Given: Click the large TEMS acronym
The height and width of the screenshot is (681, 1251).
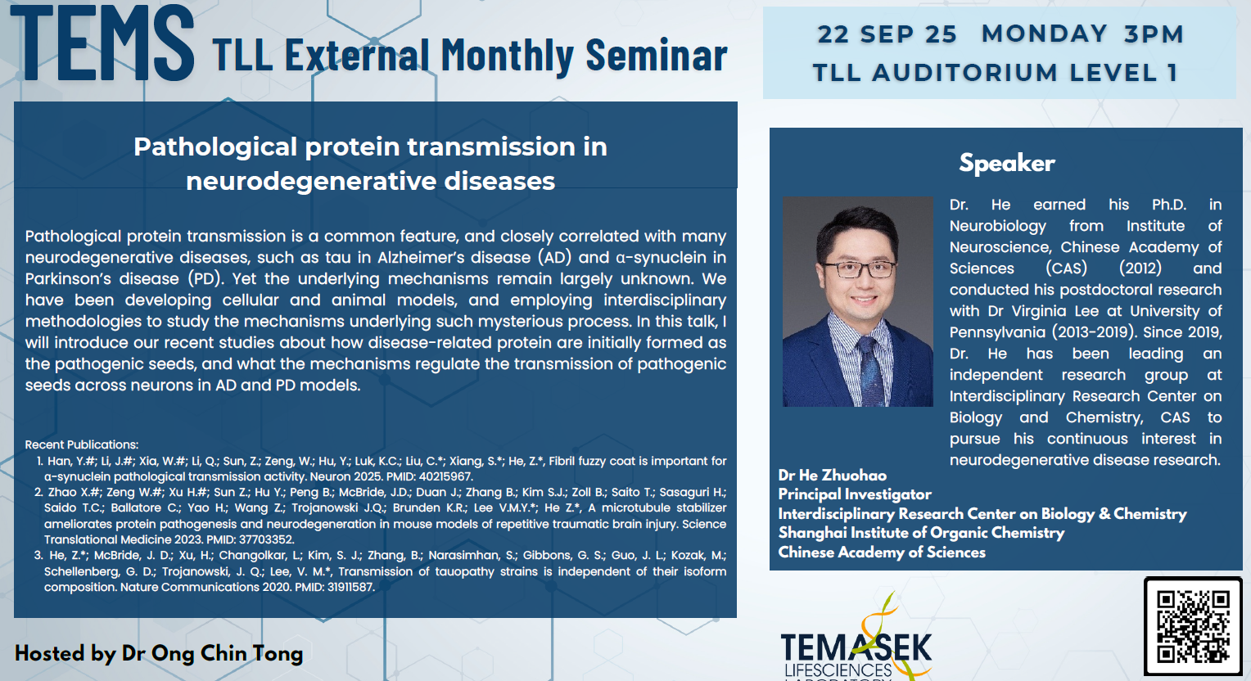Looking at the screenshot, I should tap(102, 43).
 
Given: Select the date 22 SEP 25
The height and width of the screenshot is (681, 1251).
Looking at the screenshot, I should tap(887, 34).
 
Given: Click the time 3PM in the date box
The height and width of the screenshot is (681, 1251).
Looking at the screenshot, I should tap(1154, 34).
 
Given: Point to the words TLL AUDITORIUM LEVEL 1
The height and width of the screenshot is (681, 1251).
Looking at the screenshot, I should tap(995, 73).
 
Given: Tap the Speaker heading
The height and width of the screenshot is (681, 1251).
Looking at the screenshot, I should tap(1006, 163).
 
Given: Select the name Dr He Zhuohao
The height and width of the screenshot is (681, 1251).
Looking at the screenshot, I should tap(832, 475).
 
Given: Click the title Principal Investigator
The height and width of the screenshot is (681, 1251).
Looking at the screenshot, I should tap(854, 494).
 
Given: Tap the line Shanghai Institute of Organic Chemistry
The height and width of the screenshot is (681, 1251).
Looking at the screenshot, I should tap(920, 533).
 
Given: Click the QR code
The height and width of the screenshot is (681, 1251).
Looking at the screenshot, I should tap(1192, 626).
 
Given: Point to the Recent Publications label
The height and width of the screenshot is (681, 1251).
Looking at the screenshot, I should tap(82, 444).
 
